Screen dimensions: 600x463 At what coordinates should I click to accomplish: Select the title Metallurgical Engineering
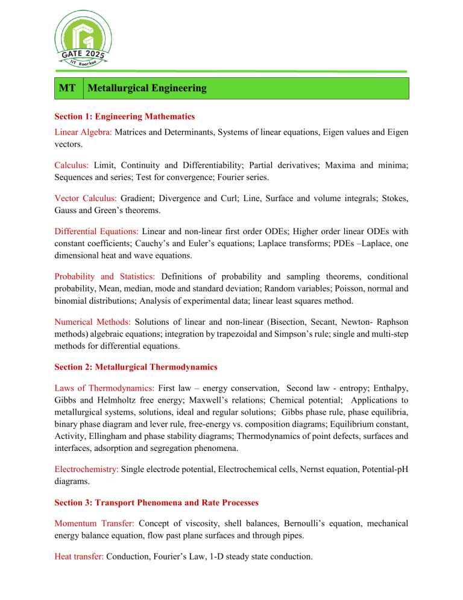point(146,88)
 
